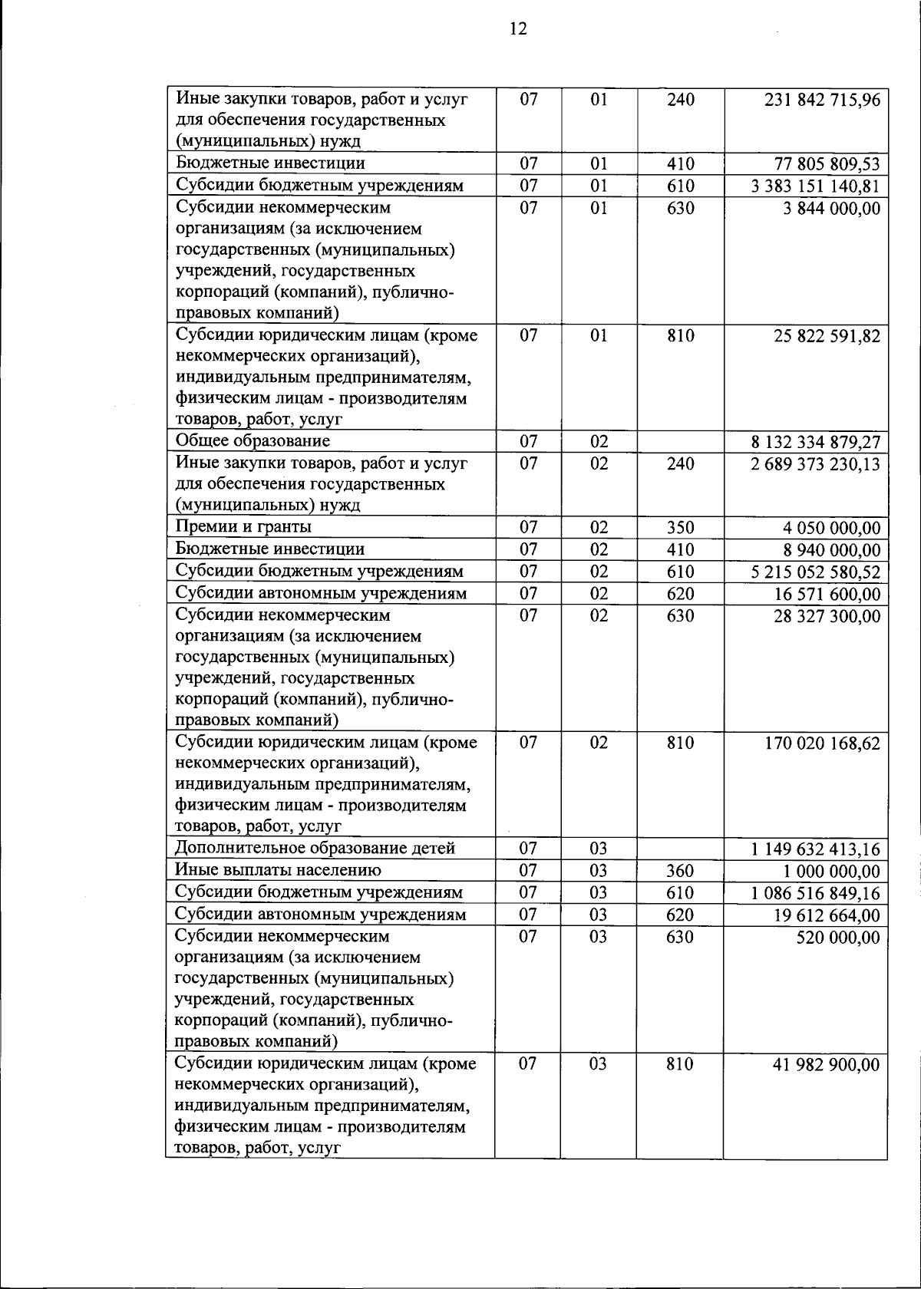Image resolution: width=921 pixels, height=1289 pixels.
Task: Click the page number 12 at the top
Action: (x=518, y=29)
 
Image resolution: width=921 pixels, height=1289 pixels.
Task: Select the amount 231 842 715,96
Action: (x=822, y=101)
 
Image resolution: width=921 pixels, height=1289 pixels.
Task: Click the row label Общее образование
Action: (x=253, y=441)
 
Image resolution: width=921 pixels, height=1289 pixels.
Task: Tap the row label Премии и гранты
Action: (x=243, y=527)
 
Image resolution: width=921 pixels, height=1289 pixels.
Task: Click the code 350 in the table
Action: (x=680, y=528)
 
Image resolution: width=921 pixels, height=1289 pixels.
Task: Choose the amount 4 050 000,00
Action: (x=832, y=529)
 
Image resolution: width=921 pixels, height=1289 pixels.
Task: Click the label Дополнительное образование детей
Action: (x=315, y=849)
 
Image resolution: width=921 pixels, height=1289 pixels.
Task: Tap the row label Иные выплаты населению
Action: (x=278, y=871)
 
